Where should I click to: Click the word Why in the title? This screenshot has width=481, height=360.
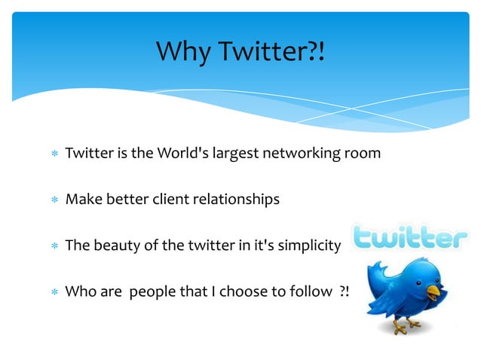pos(184,52)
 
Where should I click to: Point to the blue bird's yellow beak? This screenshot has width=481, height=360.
pos(434,291)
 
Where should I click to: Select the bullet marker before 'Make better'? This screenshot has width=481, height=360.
pos(54,200)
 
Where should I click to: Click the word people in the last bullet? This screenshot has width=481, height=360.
pos(152,292)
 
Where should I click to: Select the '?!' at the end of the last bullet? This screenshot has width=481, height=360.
pos(343,292)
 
